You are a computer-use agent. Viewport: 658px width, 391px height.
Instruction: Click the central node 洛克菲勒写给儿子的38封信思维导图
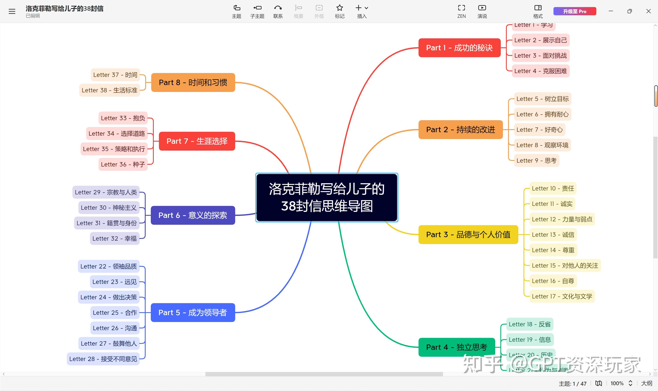pyautogui.click(x=327, y=197)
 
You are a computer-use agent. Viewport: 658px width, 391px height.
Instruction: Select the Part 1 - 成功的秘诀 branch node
pyautogui.click(x=459, y=48)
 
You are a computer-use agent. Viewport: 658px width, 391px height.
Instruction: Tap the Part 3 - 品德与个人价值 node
pyautogui.click(x=468, y=235)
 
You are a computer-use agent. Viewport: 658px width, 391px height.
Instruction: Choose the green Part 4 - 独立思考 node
pyautogui.click(x=456, y=347)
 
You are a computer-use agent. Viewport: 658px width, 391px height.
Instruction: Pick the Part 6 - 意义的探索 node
pyautogui.click(x=193, y=215)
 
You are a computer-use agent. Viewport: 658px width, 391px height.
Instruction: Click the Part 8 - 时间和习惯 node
pyautogui.click(x=193, y=82)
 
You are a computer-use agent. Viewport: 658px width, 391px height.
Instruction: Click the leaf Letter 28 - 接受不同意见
pyautogui.click(x=103, y=359)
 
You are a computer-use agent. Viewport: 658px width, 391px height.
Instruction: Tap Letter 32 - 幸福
pyautogui.click(x=114, y=238)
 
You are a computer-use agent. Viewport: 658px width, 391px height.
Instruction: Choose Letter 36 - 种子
pyautogui.click(x=123, y=164)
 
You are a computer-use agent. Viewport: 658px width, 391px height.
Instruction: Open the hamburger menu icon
pyautogui.click(x=12, y=11)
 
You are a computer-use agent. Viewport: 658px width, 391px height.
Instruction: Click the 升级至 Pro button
pyautogui.click(x=574, y=11)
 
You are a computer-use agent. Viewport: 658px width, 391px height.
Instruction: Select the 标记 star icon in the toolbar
pyautogui.click(x=339, y=8)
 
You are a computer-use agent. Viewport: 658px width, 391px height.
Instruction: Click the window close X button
pyautogui.click(x=648, y=11)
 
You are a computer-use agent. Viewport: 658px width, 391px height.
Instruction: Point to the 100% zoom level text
pyautogui.click(x=617, y=383)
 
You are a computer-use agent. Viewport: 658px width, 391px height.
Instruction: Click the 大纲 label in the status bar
pyautogui.click(x=646, y=383)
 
